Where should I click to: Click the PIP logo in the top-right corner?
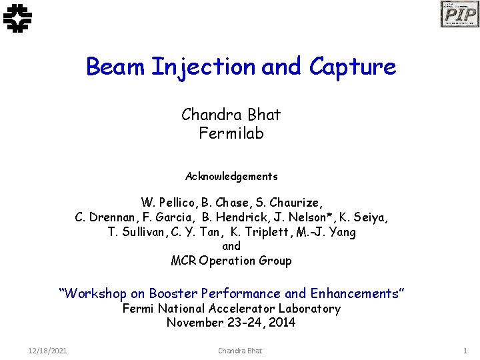(459, 14)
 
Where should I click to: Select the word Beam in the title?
(116, 67)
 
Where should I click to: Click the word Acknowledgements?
(231, 177)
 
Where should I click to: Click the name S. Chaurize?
(291, 203)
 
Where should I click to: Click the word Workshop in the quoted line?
(95, 293)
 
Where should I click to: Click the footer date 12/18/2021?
(47, 351)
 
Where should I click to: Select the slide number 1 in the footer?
(465, 351)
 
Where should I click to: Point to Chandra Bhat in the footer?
(240, 351)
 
